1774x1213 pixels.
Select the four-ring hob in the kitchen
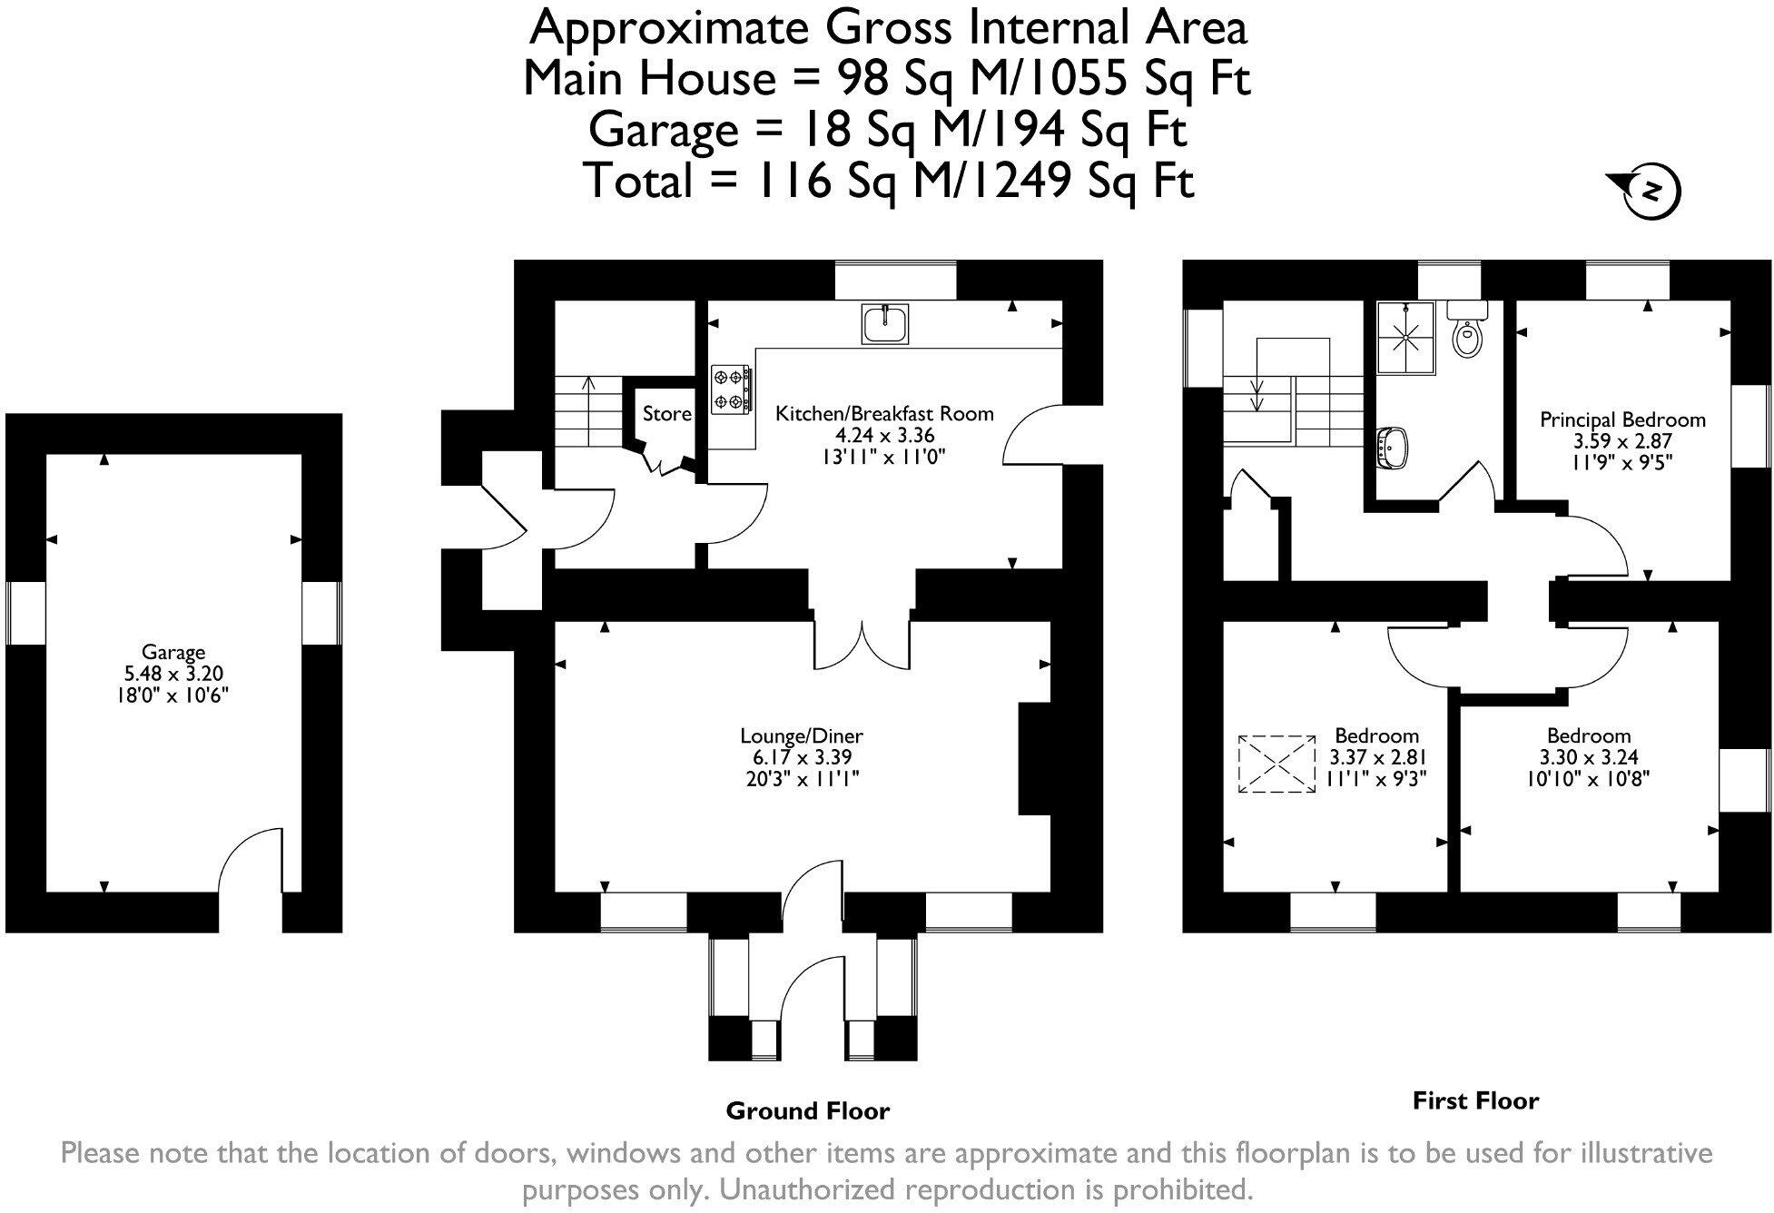pos(731,389)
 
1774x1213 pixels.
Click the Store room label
pos(666,414)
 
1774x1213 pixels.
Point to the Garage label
pos(172,652)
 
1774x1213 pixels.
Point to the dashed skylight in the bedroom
pos(1276,764)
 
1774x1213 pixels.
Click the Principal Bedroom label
pos(1622,420)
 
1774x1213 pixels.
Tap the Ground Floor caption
pos(807,1110)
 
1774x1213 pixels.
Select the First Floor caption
pos(1475,1101)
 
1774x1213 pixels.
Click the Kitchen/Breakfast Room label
pos(883,414)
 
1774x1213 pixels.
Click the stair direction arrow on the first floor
pos(1258,394)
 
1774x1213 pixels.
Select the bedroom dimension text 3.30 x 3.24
pos(1589,757)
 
